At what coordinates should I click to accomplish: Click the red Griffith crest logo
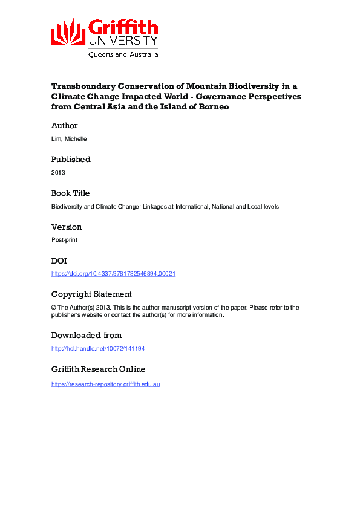click(68, 31)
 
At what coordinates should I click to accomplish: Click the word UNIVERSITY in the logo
click(123, 41)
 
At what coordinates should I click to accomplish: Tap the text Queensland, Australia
click(123, 54)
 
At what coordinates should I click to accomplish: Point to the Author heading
click(65, 126)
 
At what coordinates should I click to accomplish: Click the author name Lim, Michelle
click(69, 138)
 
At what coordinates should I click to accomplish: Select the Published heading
click(71, 160)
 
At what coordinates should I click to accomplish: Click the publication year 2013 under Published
click(58, 172)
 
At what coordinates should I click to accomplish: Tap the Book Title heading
click(70, 193)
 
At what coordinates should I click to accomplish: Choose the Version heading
click(67, 227)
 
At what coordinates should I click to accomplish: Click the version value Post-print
click(65, 240)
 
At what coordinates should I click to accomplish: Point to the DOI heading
click(59, 261)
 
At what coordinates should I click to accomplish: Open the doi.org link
click(113, 274)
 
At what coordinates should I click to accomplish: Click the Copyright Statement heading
click(91, 294)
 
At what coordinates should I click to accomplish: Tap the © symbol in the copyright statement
click(54, 307)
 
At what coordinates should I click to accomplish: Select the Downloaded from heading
click(87, 336)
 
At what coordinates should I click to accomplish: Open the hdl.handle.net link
click(98, 349)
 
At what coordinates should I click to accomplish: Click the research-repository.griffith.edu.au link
click(105, 384)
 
